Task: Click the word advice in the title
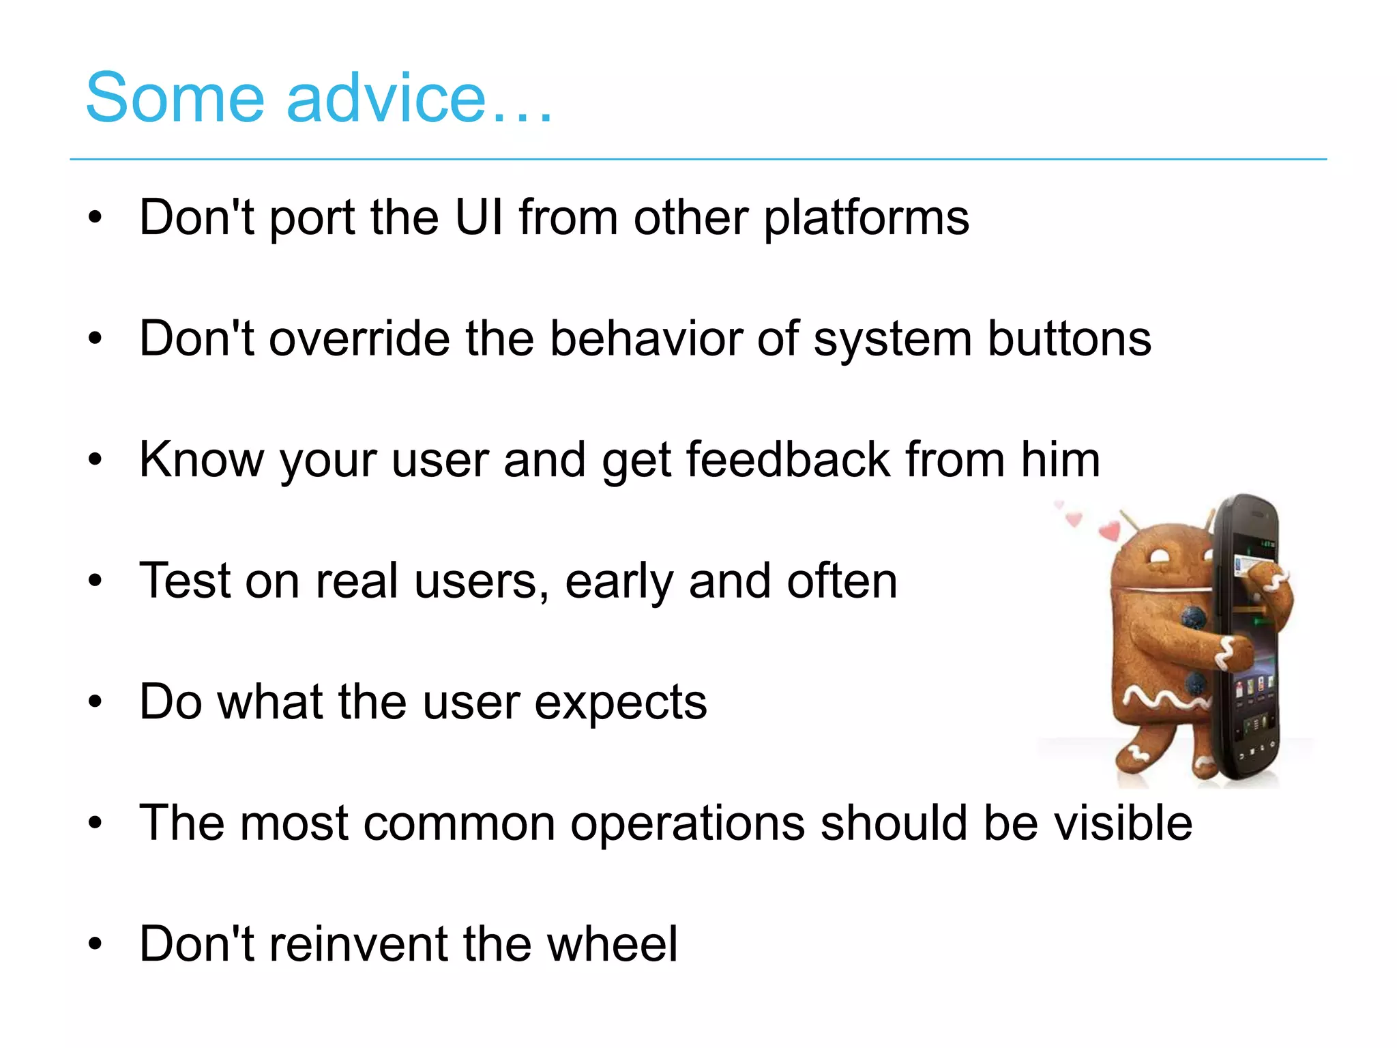385,99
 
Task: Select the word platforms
866,219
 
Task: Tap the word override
359,339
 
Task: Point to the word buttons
1069,339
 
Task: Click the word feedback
788,460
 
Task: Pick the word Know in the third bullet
201,460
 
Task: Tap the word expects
621,703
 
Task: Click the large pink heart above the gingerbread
1110,529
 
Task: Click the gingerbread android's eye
1158,556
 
